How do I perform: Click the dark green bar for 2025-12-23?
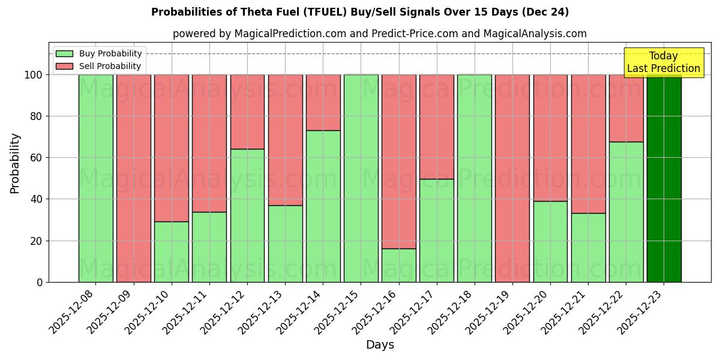coord(664,178)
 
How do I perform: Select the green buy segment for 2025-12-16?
coord(398,265)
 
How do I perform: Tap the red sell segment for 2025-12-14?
coord(323,102)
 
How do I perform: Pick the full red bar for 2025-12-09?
coord(133,178)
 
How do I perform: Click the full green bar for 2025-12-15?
coord(361,178)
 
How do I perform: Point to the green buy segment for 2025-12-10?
coord(171,251)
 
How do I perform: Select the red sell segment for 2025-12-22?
coord(626,108)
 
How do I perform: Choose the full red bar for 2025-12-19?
coord(512,178)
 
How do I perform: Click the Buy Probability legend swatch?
coord(64,54)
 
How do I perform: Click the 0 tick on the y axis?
coord(40,282)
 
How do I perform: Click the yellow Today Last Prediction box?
coord(664,62)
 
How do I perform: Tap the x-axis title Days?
coord(380,345)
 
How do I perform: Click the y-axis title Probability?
coord(15,163)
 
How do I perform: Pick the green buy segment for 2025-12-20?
coord(550,241)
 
